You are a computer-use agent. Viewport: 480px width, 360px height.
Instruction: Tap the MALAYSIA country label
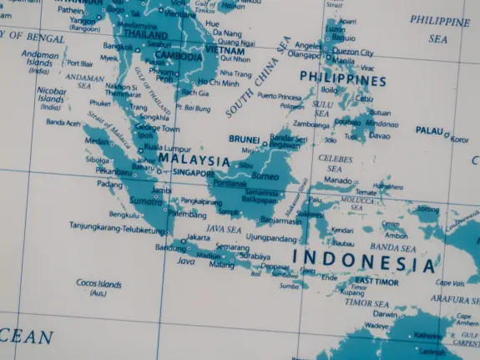click(194, 160)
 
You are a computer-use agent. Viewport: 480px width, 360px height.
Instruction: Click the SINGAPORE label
click(194, 173)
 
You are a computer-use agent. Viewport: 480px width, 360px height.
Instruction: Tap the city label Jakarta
click(198, 237)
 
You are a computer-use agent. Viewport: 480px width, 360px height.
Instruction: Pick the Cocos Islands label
click(99, 285)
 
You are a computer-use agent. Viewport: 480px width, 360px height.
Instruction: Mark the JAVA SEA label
click(224, 228)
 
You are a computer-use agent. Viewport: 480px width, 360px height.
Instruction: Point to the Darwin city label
click(385, 314)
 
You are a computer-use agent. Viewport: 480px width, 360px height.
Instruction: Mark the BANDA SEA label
click(392, 248)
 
